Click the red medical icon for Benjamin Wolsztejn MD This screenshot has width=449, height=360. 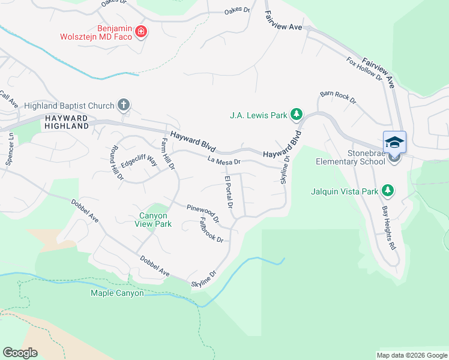141,31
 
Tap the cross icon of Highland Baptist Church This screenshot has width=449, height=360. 124,106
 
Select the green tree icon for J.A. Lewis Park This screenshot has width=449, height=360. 296,114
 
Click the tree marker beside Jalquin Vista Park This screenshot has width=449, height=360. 388,191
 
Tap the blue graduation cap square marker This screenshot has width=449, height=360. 394,142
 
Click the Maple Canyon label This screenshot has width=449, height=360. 117,293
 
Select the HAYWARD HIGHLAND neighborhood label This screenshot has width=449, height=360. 66,122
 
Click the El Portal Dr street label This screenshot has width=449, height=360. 229,193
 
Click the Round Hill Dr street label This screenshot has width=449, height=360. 116,163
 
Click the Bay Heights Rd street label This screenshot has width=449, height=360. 388,228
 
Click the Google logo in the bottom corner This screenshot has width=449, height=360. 20,352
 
